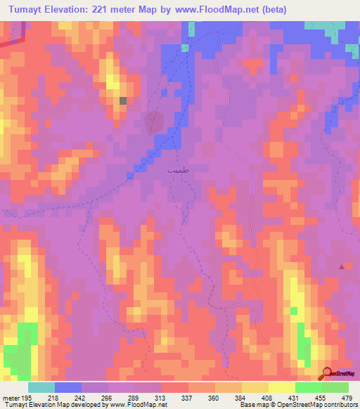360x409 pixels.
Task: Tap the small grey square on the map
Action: (123, 101)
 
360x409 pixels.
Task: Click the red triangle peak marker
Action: (342, 266)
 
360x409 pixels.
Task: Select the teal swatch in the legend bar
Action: (41, 387)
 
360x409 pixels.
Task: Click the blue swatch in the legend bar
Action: (67, 387)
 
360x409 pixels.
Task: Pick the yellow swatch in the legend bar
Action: (281, 387)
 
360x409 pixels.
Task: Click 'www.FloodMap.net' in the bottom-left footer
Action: (138, 405)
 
